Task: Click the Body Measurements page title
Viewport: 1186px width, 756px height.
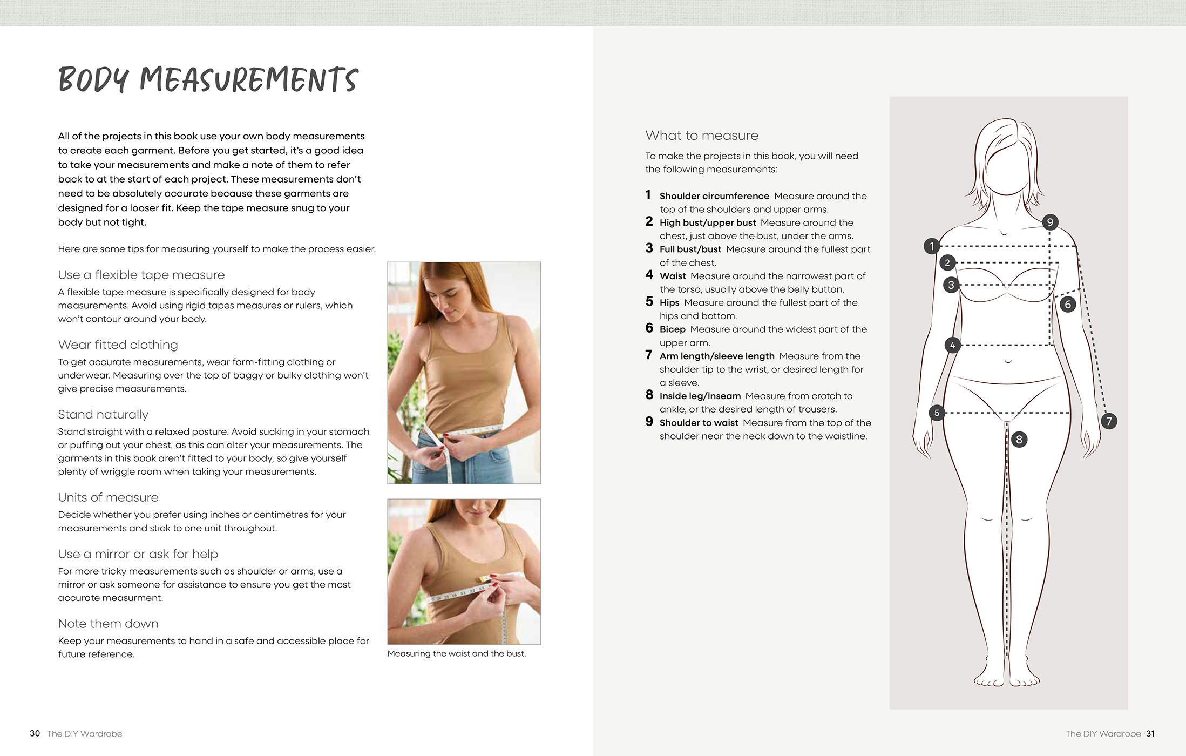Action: pyautogui.click(x=208, y=80)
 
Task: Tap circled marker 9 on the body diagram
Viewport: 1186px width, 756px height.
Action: pyautogui.click(x=1050, y=222)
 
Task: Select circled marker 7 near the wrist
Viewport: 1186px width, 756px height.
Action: pyautogui.click(x=1109, y=421)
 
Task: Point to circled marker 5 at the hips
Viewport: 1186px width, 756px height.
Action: pyautogui.click(x=937, y=413)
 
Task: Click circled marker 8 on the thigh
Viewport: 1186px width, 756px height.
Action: pyautogui.click(x=1019, y=439)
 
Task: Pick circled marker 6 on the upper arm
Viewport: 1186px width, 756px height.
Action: pyautogui.click(x=1067, y=305)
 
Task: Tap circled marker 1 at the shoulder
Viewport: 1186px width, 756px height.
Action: pyautogui.click(x=931, y=246)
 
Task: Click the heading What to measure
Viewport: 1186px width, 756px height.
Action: pyautogui.click(x=702, y=136)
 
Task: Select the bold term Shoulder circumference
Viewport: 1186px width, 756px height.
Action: pyautogui.click(x=714, y=196)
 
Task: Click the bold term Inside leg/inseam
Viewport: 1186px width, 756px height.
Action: pyautogui.click(x=700, y=396)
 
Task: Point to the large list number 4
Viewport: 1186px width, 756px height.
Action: pyautogui.click(x=649, y=275)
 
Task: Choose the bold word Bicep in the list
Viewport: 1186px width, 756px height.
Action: pyautogui.click(x=672, y=329)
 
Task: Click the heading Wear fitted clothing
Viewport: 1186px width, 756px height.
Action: pyautogui.click(x=118, y=345)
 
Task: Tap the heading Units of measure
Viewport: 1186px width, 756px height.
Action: pyautogui.click(x=108, y=497)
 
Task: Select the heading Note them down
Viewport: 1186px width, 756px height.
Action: pyautogui.click(x=108, y=624)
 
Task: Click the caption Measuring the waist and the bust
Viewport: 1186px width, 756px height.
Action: pyautogui.click(x=456, y=653)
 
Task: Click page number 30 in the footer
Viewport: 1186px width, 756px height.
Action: pyautogui.click(x=35, y=733)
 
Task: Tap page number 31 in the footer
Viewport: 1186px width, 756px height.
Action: pyautogui.click(x=1150, y=733)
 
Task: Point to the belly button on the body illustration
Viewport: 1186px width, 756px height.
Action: pyautogui.click(x=1008, y=361)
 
